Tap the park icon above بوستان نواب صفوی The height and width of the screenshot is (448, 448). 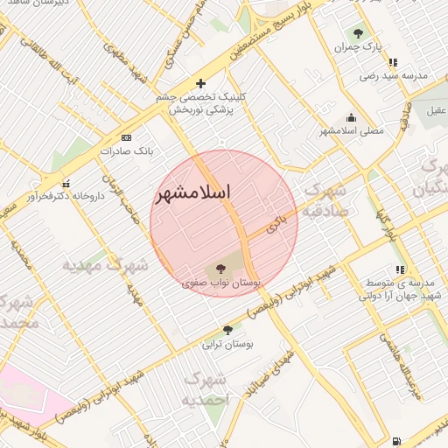tap(219, 269)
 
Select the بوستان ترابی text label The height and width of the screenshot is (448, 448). tap(227, 344)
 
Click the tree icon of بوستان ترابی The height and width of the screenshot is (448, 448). tap(227, 330)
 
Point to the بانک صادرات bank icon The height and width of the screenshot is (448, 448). tap(126, 137)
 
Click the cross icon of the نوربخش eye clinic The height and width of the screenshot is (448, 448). tap(200, 83)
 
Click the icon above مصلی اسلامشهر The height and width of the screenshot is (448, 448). tap(352, 118)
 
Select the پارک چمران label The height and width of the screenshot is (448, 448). tap(359, 45)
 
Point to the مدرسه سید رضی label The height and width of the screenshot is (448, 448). tap(394, 77)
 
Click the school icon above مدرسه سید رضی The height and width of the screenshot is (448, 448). tap(394, 63)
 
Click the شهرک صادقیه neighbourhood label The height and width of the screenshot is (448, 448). tap(325, 200)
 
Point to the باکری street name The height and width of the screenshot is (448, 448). tap(276, 225)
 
